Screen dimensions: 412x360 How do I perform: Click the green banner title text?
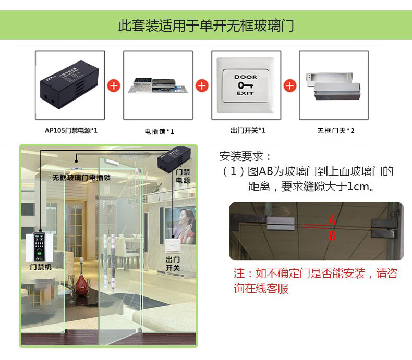(x=206, y=26)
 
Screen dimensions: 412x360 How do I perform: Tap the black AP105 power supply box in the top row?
(x=70, y=84)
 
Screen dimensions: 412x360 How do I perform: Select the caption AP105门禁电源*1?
(x=71, y=130)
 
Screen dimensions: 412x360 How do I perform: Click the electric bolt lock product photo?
(x=158, y=85)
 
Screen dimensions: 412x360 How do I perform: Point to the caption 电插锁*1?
(x=160, y=131)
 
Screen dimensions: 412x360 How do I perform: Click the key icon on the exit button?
(x=246, y=85)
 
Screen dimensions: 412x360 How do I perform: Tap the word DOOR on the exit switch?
(x=246, y=77)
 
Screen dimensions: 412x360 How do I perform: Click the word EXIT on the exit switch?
(x=246, y=93)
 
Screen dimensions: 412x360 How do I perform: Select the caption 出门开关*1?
(x=248, y=130)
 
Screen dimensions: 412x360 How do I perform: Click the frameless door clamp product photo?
(x=333, y=86)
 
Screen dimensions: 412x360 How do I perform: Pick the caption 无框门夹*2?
(x=336, y=130)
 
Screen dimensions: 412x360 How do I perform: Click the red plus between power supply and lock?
(x=114, y=86)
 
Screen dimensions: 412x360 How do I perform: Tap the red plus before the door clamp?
(x=290, y=86)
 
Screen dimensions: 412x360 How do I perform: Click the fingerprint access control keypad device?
(x=40, y=246)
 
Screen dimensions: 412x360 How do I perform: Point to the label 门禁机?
(x=41, y=267)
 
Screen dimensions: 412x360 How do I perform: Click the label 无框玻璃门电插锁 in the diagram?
(x=81, y=178)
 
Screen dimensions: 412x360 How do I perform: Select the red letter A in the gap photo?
(x=332, y=220)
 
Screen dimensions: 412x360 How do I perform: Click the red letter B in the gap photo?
(x=332, y=235)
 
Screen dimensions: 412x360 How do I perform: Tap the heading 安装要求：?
(x=245, y=156)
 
